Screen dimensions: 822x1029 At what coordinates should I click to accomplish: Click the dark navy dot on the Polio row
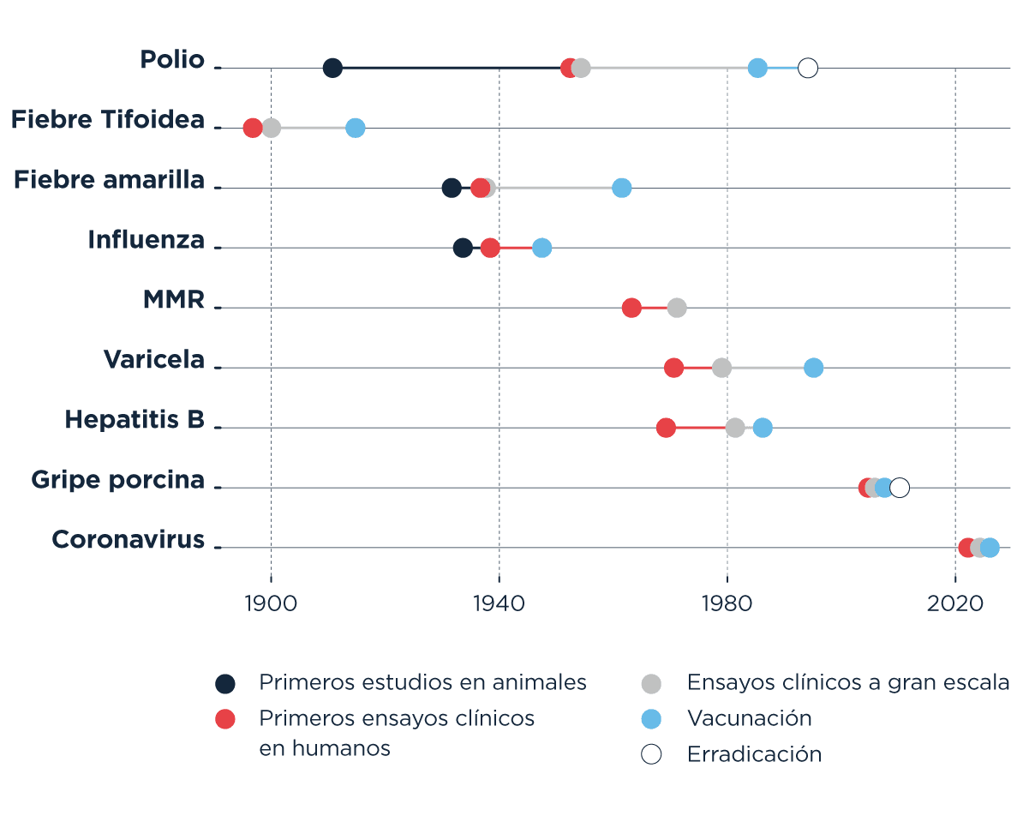[332, 68]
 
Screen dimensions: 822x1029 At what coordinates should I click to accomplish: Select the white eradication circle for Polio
[807, 68]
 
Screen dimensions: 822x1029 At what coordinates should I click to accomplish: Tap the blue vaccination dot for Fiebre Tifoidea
[355, 128]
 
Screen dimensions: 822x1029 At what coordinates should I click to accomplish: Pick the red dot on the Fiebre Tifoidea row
[253, 128]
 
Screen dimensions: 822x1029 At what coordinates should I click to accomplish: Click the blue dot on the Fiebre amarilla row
[622, 188]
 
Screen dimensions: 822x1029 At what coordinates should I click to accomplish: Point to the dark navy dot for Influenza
[463, 248]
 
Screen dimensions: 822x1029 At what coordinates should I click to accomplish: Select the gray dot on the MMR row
[677, 308]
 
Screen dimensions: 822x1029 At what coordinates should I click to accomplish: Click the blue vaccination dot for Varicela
[814, 368]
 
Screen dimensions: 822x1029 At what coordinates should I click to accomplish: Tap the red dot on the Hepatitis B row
[666, 428]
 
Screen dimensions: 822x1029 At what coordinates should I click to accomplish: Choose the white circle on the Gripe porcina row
[900, 488]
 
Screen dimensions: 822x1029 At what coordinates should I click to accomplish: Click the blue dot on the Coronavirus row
[990, 548]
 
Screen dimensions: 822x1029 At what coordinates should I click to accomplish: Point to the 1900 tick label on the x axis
[271, 603]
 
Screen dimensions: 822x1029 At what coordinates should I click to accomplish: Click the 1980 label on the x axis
[727, 603]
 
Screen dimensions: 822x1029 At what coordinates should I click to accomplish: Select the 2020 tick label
[955, 603]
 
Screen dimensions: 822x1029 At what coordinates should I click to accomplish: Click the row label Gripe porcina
[118, 480]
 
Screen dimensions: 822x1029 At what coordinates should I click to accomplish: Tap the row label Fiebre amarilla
[110, 180]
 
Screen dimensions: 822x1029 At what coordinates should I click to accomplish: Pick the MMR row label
[174, 300]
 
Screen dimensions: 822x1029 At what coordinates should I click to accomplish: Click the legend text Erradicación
[754, 754]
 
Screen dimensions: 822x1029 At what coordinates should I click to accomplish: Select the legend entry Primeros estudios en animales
[422, 682]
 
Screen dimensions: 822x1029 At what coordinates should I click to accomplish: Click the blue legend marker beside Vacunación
[652, 718]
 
